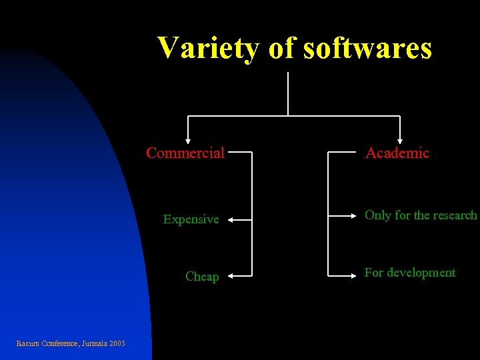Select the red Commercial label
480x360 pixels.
point(185,153)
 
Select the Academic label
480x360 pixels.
point(397,153)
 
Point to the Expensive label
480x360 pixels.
point(191,219)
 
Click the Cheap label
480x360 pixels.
point(202,277)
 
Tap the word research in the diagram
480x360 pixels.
point(455,215)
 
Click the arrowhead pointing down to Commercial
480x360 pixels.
point(188,140)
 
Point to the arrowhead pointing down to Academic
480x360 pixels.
point(400,140)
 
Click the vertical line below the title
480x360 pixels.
point(287,93)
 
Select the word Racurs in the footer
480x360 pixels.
point(27,343)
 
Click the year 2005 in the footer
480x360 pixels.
point(117,343)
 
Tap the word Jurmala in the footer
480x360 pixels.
point(93,343)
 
